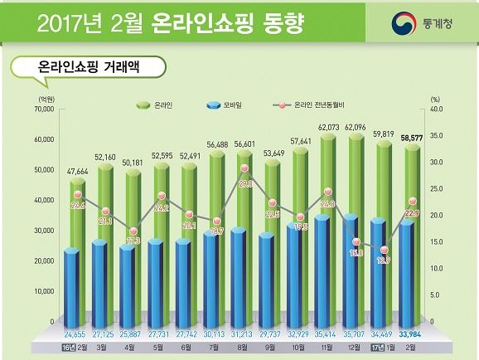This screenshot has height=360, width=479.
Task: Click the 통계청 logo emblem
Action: [405, 22]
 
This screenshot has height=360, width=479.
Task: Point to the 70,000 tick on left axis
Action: [43, 108]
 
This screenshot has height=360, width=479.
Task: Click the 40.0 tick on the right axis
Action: [438, 108]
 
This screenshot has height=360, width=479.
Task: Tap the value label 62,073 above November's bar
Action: [329, 125]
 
